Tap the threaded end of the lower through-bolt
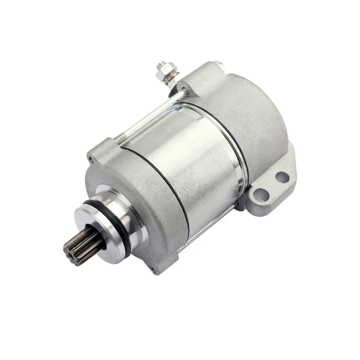(182, 247)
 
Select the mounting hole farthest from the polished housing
(282, 177)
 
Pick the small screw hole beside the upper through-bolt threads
(92, 158)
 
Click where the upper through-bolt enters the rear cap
(183, 92)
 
